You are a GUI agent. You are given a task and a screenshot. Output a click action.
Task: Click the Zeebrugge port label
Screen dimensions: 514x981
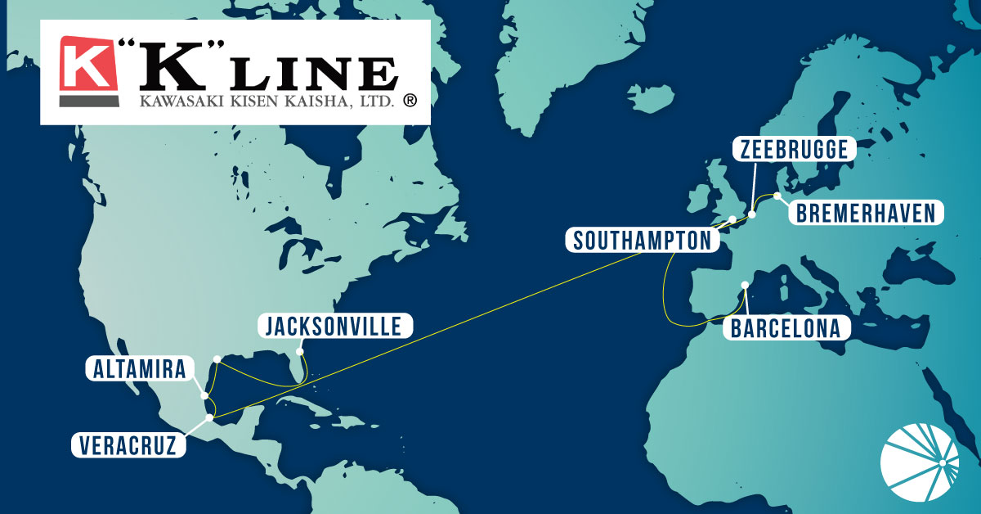tap(795, 150)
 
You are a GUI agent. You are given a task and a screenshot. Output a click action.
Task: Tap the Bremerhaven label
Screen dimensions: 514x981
tap(865, 214)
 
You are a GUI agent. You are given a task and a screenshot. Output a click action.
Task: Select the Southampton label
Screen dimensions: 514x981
tap(642, 241)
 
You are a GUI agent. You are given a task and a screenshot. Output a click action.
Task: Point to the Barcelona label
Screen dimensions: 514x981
tap(786, 329)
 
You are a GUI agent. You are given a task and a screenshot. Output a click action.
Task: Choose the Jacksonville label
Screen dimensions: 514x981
tap(334, 327)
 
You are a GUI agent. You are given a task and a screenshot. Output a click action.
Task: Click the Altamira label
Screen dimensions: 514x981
tap(138, 369)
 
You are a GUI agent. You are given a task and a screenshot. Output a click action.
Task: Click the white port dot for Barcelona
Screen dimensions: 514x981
tap(744, 286)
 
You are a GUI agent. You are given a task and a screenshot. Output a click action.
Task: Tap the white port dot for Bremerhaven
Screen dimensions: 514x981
tap(777, 196)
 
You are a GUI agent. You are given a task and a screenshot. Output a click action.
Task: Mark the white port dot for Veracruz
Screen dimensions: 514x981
tap(210, 417)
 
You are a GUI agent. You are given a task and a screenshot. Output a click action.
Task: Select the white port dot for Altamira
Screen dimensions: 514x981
tap(204, 395)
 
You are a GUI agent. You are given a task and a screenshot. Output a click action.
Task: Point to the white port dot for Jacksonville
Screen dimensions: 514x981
tap(300, 353)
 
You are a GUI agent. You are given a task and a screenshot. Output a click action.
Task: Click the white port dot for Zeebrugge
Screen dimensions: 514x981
tap(751, 214)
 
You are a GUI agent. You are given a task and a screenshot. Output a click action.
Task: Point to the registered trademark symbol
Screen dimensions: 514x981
tap(410, 100)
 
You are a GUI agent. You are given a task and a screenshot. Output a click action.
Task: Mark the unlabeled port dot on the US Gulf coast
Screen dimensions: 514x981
tap(217, 358)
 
